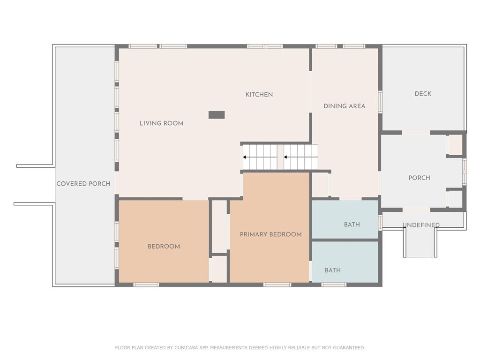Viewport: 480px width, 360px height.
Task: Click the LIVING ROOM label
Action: [161, 123]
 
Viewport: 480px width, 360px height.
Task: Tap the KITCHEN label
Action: [259, 95]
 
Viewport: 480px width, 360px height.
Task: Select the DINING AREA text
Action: [345, 106]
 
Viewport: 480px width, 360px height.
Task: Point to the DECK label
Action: [423, 94]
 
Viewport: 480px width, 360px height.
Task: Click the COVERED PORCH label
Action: [83, 184]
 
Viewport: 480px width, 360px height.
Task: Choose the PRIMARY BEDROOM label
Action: [270, 234]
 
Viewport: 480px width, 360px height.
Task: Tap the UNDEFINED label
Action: [421, 225]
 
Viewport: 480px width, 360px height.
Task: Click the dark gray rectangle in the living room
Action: [217, 115]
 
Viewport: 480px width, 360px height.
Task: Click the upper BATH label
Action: [352, 225]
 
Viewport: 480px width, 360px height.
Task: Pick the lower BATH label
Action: [332, 270]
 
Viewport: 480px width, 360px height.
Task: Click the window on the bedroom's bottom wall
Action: [146, 285]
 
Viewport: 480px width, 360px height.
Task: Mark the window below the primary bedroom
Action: [277, 285]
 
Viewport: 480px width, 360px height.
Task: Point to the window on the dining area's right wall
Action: [380, 102]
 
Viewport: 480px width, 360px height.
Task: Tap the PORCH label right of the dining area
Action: [419, 178]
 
